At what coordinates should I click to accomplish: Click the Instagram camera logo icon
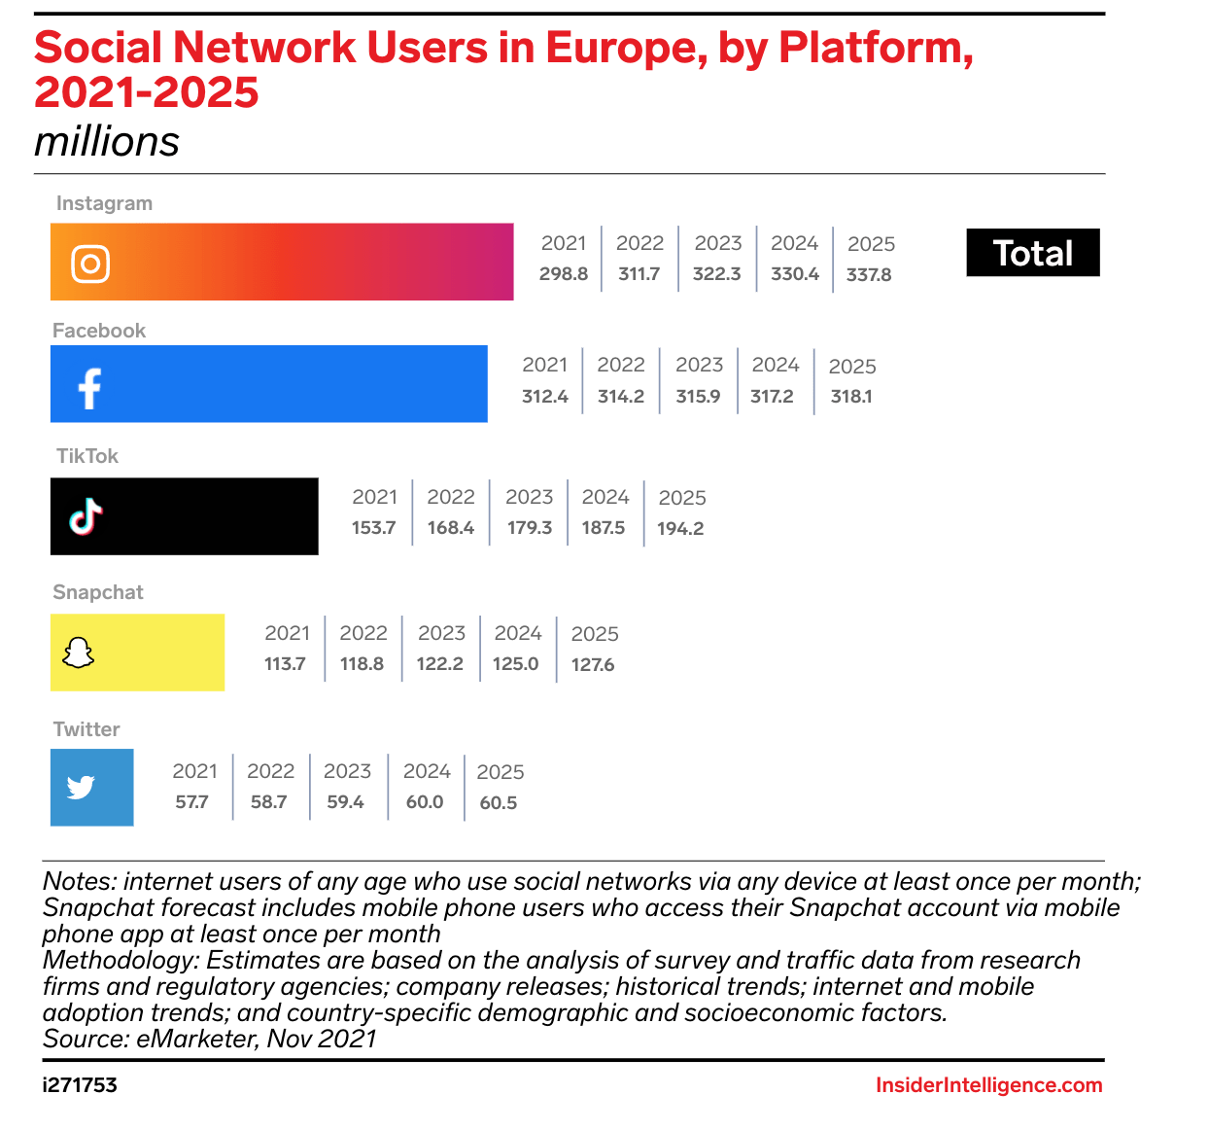[90, 264]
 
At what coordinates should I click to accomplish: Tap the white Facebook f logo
[89, 388]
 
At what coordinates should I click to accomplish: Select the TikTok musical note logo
[86, 516]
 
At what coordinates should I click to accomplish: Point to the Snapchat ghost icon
[78, 653]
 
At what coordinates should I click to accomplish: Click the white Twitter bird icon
[81, 787]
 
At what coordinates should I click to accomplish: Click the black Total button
[1032, 253]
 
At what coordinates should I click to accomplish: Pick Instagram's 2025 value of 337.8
[869, 275]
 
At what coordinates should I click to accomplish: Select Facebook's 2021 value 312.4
[545, 397]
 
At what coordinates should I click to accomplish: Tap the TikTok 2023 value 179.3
[530, 528]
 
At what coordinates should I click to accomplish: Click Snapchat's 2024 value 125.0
[516, 664]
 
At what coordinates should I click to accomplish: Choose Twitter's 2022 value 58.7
[269, 802]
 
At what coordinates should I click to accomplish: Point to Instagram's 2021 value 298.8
[564, 274]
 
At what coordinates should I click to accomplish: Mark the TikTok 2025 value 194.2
[680, 529]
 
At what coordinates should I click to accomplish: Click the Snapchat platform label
[98, 592]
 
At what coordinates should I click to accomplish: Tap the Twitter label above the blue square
[86, 729]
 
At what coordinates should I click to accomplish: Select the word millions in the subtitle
[107, 142]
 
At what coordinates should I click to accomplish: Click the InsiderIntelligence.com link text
[988, 1085]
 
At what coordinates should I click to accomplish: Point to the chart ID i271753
[80, 1085]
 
